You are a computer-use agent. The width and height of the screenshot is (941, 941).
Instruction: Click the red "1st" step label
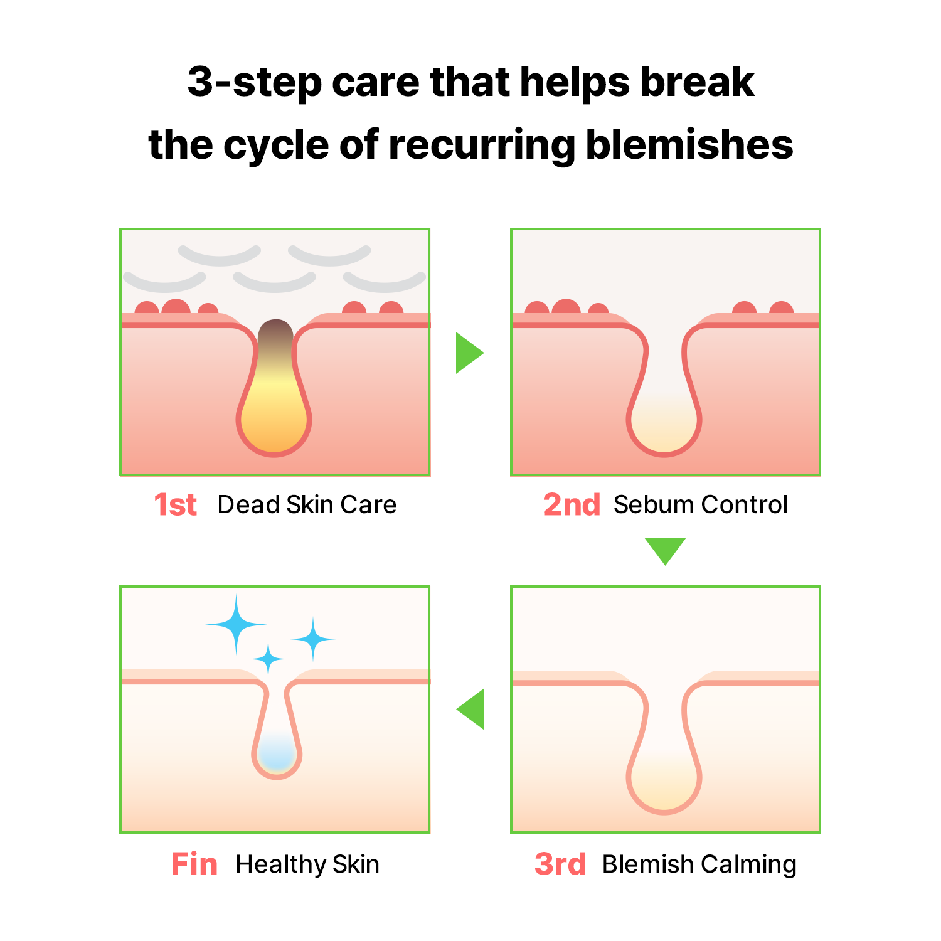tap(176, 505)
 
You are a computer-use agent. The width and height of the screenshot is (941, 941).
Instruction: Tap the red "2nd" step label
tap(572, 505)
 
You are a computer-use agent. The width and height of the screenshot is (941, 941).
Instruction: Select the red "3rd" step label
tap(560, 864)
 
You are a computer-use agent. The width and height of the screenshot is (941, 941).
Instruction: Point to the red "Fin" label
tap(194, 864)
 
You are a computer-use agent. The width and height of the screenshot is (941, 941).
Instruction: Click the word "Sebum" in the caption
tap(654, 505)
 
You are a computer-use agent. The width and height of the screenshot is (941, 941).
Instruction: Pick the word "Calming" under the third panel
tap(748, 865)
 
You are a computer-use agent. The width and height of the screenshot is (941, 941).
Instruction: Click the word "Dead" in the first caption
tap(248, 505)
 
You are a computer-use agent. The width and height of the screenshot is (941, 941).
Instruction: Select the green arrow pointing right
tap(469, 353)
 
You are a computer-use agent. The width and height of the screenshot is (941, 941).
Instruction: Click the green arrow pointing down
tap(665, 550)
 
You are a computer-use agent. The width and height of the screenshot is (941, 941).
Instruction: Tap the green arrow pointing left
tap(471, 709)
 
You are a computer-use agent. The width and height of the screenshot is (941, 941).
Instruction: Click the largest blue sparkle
tap(236, 624)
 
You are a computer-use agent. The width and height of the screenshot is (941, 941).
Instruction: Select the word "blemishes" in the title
tap(689, 145)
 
